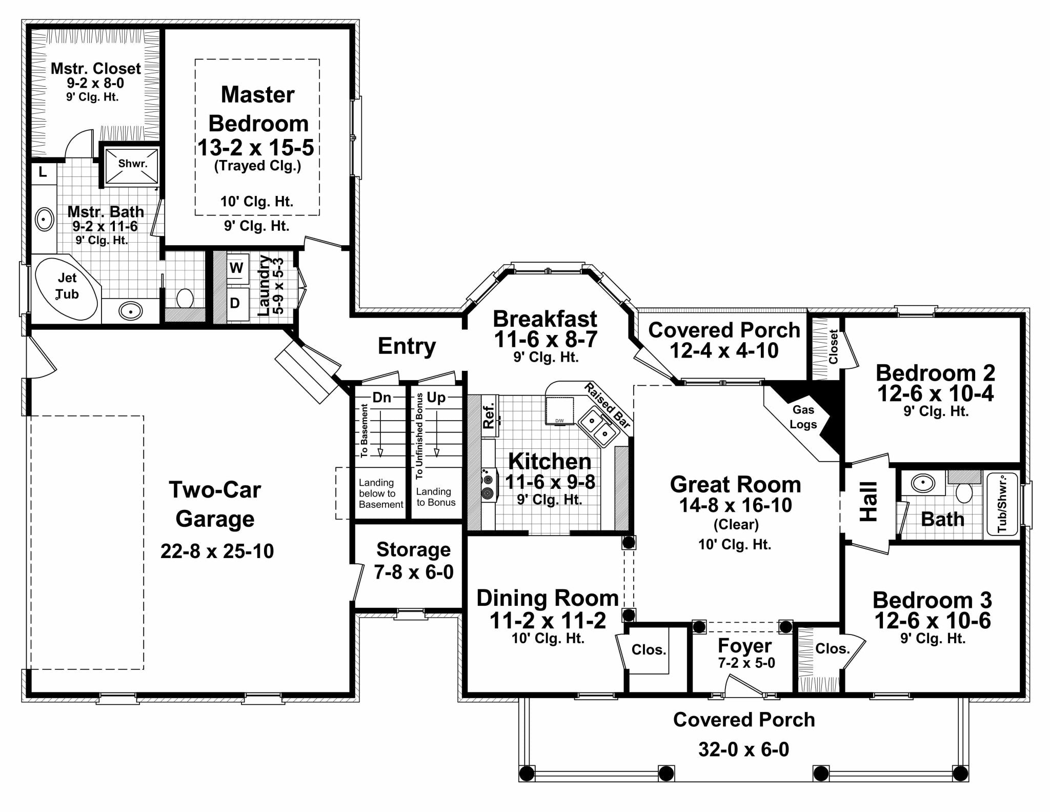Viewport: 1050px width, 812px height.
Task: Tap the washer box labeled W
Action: point(236,268)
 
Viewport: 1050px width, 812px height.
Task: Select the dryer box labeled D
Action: point(235,303)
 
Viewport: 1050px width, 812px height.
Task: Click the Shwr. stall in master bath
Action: point(132,164)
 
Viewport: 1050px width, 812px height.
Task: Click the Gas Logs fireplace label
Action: point(803,417)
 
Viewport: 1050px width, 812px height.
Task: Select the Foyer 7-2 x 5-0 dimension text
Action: point(746,663)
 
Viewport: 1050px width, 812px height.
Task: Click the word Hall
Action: point(869,502)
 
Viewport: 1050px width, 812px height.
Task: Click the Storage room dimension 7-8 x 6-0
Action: point(414,571)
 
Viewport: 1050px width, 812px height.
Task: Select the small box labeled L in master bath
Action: point(43,172)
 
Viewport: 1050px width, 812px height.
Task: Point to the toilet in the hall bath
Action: point(964,492)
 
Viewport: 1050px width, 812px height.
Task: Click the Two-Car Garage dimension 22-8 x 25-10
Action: point(217,551)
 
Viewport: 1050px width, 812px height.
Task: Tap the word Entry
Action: point(407,346)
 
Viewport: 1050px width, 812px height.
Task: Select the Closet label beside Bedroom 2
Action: point(833,347)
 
